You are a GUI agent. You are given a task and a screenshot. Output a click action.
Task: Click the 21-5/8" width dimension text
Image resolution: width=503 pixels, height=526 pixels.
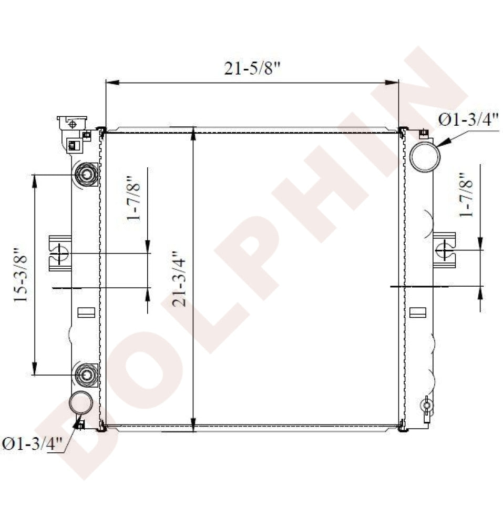[252, 68]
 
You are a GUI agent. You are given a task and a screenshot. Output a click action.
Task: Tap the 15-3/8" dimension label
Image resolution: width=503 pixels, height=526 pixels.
[21, 275]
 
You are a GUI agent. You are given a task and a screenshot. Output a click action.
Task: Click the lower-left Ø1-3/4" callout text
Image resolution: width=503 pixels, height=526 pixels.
[33, 444]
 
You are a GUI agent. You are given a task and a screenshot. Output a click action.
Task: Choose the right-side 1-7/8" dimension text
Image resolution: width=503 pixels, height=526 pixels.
[466, 195]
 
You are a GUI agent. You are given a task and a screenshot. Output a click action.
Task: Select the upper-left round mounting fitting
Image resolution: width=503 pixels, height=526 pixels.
[86, 175]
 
